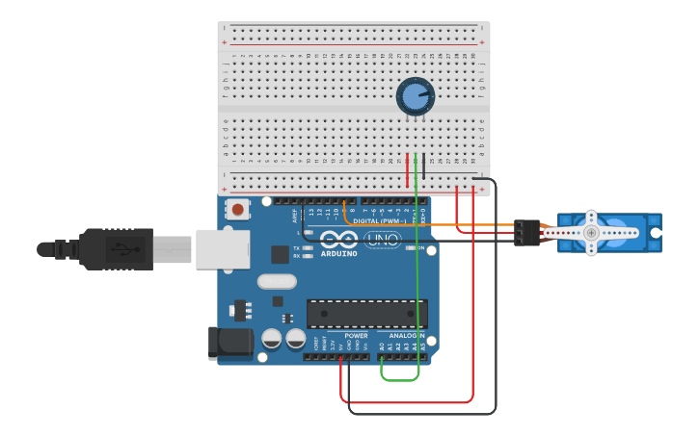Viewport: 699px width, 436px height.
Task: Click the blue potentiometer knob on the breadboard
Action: (x=415, y=96)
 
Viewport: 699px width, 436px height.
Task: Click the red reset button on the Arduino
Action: (x=236, y=209)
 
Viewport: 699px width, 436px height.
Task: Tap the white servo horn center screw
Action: (x=591, y=232)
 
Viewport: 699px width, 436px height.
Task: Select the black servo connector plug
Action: (x=526, y=232)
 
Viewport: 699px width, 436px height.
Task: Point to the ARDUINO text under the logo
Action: (x=338, y=253)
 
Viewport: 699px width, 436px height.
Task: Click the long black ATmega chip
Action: (x=366, y=314)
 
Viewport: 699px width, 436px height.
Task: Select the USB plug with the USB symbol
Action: (x=117, y=249)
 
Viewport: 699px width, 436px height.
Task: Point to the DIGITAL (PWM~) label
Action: (x=378, y=220)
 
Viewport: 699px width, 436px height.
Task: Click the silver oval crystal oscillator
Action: (x=277, y=282)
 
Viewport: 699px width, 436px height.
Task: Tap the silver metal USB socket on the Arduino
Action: (x=223, y=248)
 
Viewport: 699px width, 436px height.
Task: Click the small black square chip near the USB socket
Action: (x=280, y=254)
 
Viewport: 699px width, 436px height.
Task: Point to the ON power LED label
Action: (x=409, y=247)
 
